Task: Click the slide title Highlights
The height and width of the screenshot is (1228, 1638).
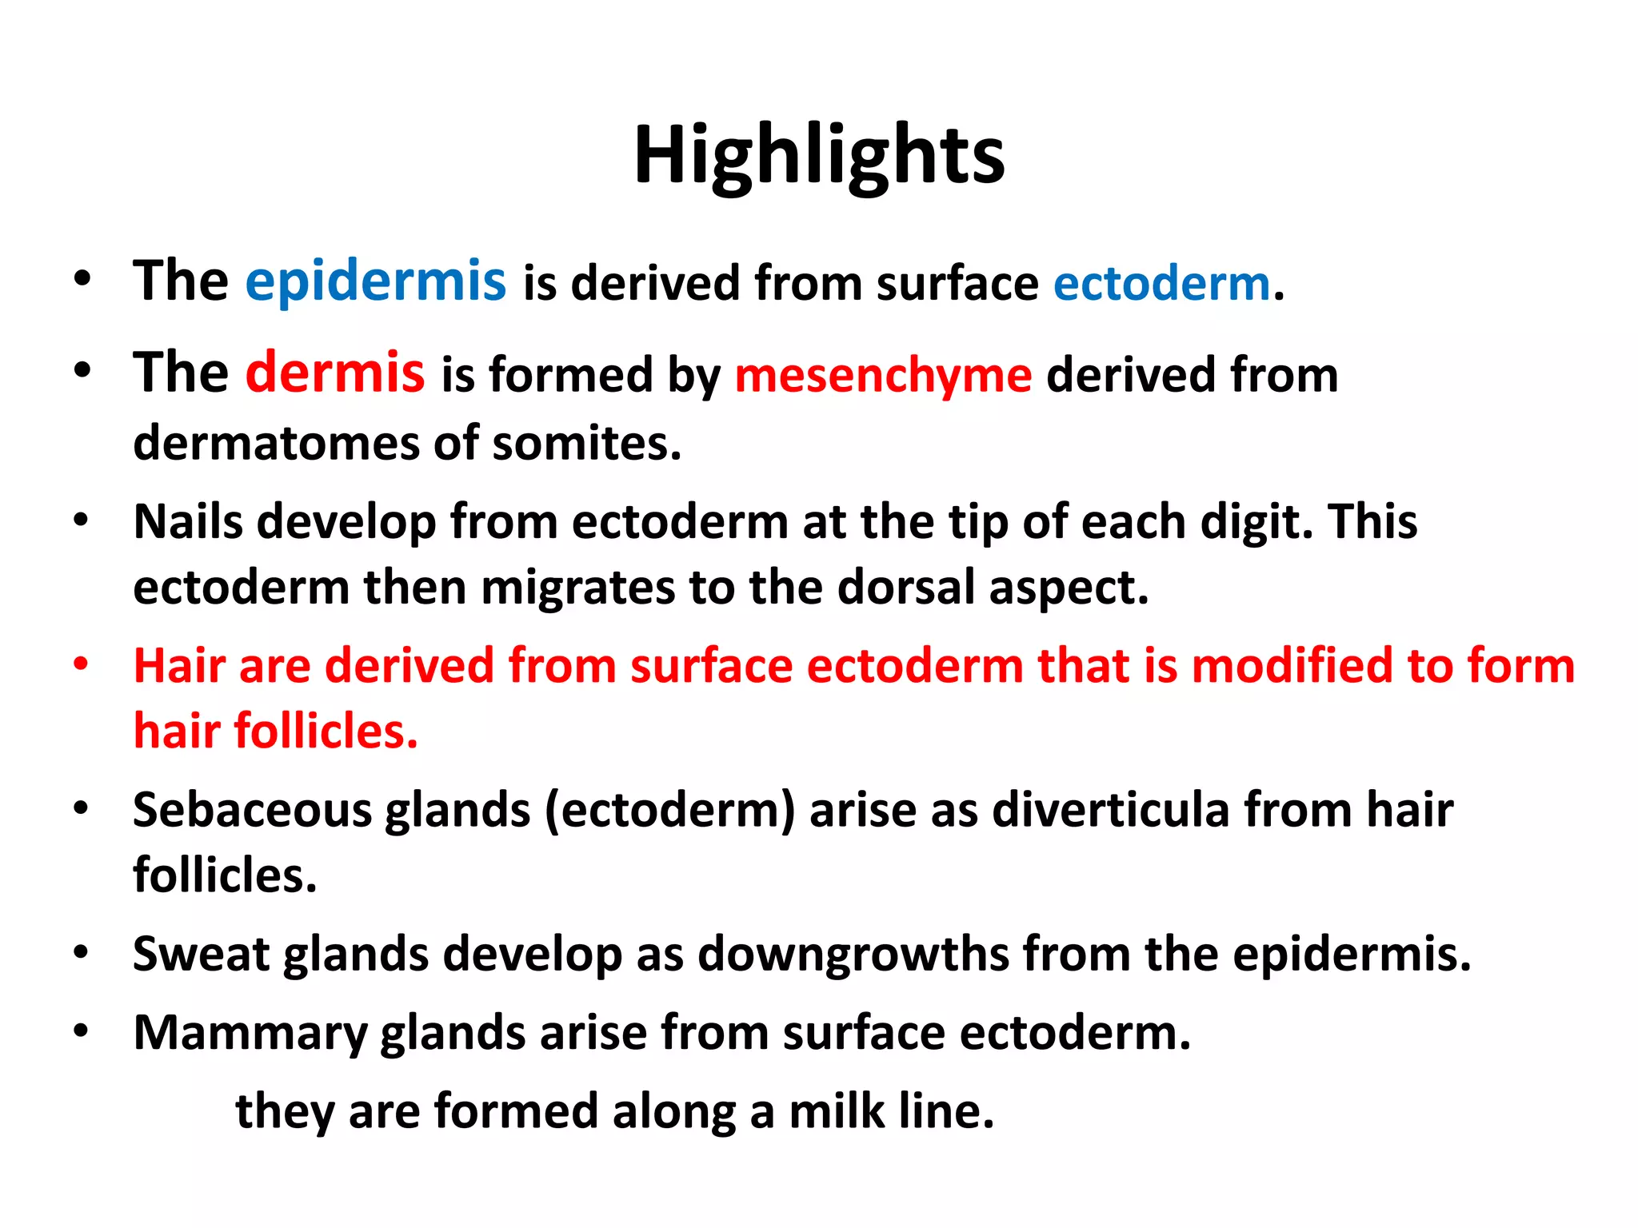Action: point(819,156)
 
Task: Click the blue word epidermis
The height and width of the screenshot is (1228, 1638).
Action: point(375,282)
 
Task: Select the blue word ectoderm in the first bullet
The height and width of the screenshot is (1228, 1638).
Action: point(1161,285)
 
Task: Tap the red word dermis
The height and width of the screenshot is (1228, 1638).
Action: point(334,373)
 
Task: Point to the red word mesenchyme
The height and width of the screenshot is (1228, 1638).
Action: point(883,376)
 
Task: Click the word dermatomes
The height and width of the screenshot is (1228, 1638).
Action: point(276,443)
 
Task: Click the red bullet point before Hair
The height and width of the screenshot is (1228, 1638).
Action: point(81,664)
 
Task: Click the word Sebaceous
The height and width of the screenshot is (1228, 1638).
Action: point(252,810)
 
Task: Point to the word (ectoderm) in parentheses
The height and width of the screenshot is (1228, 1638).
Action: point(670,811)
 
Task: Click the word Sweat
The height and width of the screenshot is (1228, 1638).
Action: point(202,954)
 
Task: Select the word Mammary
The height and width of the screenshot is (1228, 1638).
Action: point(250,1034)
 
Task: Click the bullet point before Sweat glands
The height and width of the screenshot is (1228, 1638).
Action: point(81,952)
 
